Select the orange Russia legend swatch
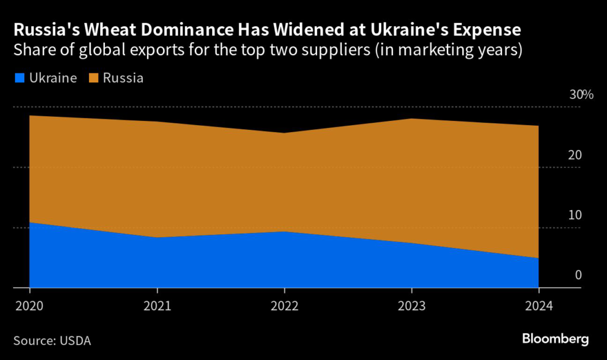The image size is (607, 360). click(92, 78)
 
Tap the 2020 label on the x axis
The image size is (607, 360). click(29, 306)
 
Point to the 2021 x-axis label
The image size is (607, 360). click(156, 306)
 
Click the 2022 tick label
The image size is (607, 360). click(284, 306)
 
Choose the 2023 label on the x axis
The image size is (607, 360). click(411, 306)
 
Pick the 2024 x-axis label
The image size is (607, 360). click(538, 306)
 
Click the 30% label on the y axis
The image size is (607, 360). click(581, 95)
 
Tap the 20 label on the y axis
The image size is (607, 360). click(575, 155)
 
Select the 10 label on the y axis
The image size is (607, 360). click(575, 215)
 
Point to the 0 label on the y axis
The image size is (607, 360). click(578, 275)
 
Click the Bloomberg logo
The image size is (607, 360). click(555, 339)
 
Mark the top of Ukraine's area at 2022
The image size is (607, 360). click(284, 231)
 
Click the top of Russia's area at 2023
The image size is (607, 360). click(411, 119)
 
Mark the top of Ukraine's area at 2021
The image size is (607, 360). click(156, 237)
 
